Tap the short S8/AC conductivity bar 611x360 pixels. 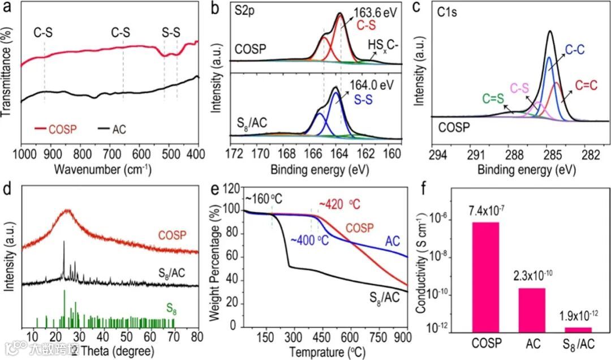tap(578, 329)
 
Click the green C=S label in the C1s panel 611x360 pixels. tap(479, 98)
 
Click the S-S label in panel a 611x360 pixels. tap(171, 33)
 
